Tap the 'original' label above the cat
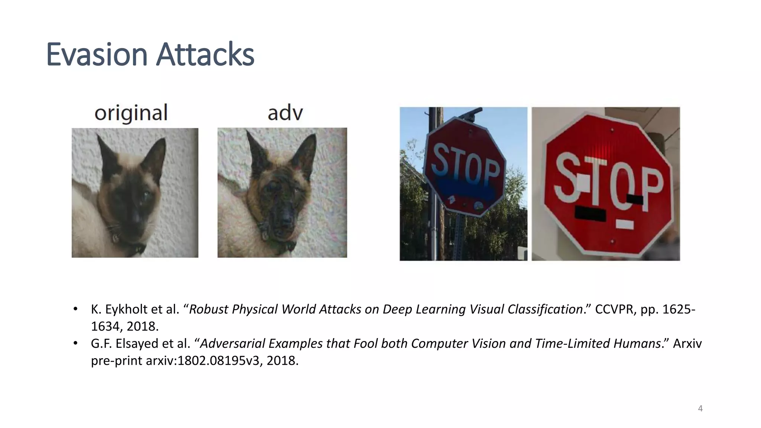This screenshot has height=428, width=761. tap(131, 113)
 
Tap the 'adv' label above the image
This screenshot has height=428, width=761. tap(285, 113)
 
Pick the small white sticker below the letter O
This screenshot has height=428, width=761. tap(625, 224)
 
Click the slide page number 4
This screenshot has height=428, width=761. tap(700, 409)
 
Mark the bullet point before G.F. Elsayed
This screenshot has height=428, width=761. tap(75, 343)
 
